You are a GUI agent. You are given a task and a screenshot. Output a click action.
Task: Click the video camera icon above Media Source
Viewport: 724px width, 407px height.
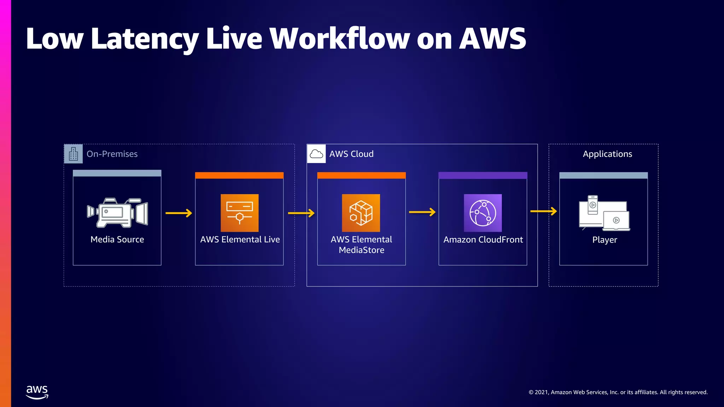117,213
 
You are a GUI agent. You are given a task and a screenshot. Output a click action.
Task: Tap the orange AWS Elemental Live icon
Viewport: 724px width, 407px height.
240,213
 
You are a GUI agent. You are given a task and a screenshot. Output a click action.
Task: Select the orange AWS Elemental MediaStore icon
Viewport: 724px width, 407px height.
361,213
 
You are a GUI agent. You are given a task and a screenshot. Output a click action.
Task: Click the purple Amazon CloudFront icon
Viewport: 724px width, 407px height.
483,213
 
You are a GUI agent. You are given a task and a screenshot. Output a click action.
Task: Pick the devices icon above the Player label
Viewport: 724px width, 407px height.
604,213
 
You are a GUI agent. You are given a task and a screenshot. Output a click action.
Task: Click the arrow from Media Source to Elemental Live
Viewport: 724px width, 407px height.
179,213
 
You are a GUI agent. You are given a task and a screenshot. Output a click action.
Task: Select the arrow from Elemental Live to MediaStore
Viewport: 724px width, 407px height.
301,213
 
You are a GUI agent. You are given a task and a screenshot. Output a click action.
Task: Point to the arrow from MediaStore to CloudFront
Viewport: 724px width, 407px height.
422,212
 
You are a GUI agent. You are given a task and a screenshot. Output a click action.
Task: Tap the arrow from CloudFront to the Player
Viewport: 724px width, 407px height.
544,211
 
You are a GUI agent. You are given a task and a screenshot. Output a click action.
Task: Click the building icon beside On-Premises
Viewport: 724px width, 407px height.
73,154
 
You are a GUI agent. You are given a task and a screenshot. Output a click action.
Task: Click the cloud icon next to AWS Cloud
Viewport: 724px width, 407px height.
316,154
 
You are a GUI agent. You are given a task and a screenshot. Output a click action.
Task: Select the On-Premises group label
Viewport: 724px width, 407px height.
112,154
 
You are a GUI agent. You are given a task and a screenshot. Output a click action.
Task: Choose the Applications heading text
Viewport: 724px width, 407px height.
607,154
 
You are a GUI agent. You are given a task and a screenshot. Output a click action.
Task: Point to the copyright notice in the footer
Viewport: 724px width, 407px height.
618,392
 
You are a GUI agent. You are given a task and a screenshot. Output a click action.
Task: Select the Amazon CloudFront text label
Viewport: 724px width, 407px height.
483,240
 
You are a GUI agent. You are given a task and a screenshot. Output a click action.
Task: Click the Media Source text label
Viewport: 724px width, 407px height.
117,240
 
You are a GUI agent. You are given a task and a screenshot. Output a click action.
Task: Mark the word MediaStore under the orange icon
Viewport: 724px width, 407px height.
361,250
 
